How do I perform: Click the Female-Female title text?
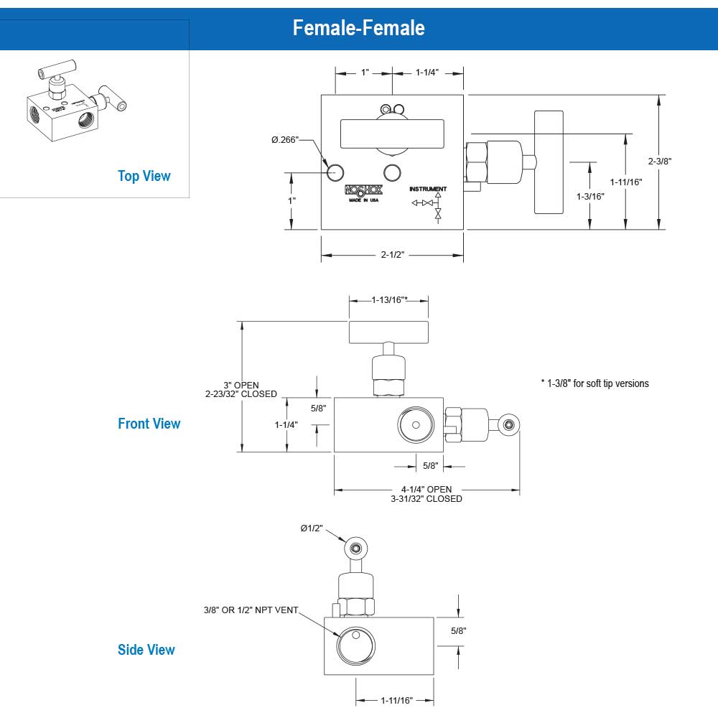pyautogui.click(x=358, y=28)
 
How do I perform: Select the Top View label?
pyautogui.click(x=144, y=176)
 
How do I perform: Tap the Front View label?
pyautogui.click(x=149, y=424)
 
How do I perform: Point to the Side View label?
pyautogui.click(x=146, y=650)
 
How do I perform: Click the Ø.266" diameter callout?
pyautogui.click(x=284, y=139)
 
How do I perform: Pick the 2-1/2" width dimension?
pyautogui.click(x=392, y=254)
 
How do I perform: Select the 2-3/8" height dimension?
pyautogui.click(x=659, y=161)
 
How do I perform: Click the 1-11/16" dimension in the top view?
pyautogui.click(x=626, y=182)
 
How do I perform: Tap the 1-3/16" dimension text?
pyautogui.click(x=590, y=195)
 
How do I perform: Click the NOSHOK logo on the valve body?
pyautogui.click(x=364, y=191)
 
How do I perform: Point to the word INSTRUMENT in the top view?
pyautogui.click(x=428, y=189)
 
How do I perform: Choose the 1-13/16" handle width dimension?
pyautogui.click(x=389, y=300)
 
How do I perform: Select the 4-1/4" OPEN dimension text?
pyautogui.click(x=426, y=490)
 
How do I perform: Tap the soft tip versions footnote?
pyautogui.click(x=595, y=383)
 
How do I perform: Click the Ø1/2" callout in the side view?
pyautogui.click(x=312, y=528)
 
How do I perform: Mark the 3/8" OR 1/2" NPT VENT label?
pyautogui.click(x=250, y=610)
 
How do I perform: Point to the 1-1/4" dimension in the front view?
pyautogui.click(x=286, y=424)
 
